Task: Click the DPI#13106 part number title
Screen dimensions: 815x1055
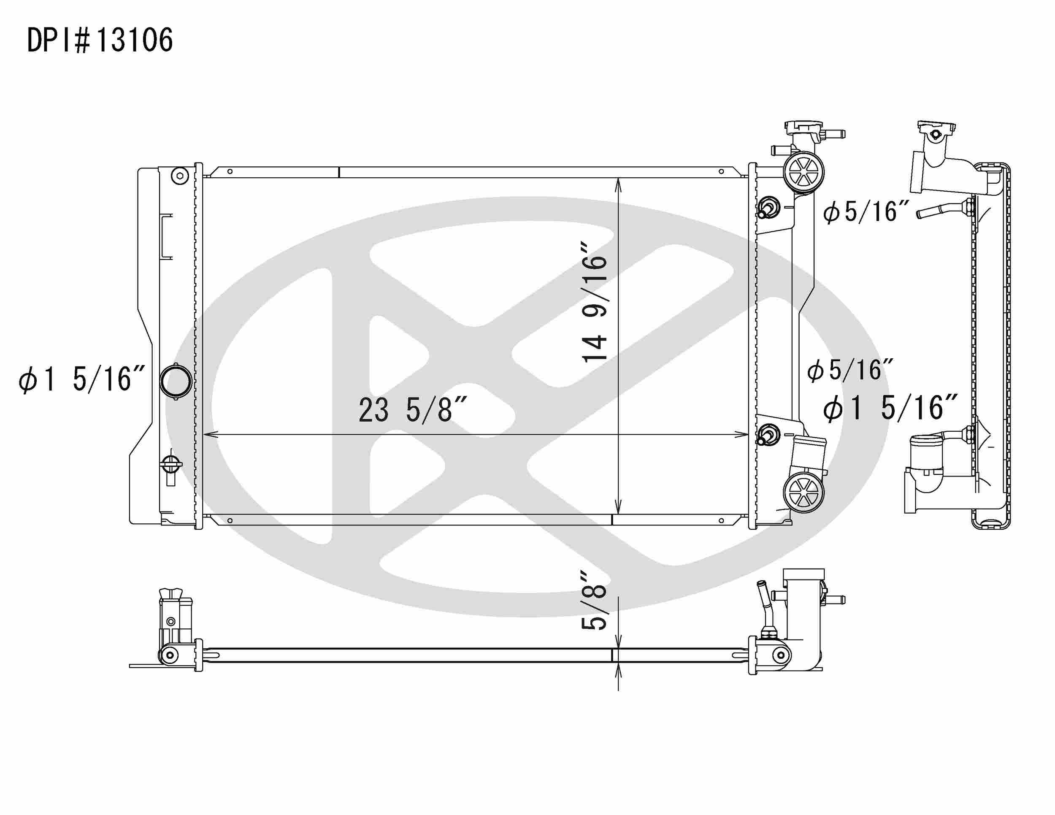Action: pos(100,41)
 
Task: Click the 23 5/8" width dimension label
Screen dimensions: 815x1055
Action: pos(412,410)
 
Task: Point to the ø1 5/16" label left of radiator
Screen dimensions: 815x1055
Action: pos(81,379)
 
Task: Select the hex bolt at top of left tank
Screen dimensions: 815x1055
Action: pos(180,176)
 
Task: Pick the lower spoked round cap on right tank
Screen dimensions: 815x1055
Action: pos(803,493)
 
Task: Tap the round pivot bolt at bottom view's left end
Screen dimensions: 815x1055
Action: pos(169,655)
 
